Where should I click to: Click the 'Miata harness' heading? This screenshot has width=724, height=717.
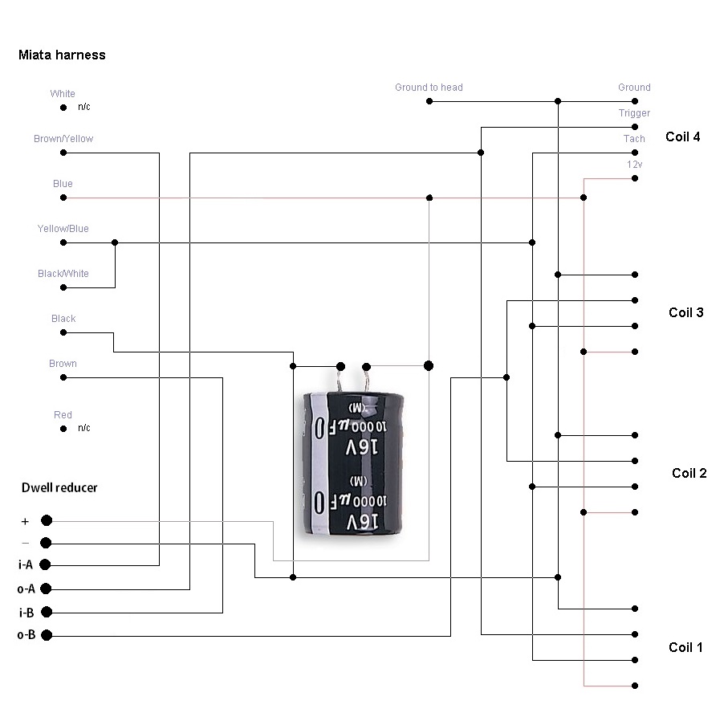click(62, 55)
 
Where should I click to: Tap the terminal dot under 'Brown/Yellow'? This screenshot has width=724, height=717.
click(63, 153)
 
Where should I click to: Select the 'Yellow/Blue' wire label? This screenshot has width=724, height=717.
click(63, 229)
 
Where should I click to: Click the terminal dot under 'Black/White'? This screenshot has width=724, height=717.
click(63, 287)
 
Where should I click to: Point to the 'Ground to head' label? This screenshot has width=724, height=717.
click(429, 88)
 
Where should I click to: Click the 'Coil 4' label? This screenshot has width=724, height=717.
click(682, 136)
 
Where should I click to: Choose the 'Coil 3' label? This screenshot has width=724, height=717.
click(685, 312)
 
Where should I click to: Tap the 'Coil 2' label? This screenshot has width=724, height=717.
click(689, 473)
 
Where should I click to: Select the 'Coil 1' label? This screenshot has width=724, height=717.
click(685, 647)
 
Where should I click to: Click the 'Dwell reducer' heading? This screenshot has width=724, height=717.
click(59, 487)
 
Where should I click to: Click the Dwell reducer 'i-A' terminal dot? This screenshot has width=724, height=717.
click(47, 564)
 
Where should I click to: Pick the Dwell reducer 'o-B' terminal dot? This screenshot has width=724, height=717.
click(47, 636)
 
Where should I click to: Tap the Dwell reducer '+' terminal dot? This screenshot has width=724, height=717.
click(47, 520)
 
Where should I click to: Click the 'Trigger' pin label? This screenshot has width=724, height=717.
click(634, 113)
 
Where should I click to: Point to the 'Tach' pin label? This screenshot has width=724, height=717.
click(634, 139)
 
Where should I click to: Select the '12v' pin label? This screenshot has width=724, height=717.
click(634, 165)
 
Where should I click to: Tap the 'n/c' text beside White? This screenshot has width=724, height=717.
click(84, 107)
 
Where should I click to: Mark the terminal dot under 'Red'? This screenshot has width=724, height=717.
click(63, 429)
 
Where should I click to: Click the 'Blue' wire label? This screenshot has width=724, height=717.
click(63, 184)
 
